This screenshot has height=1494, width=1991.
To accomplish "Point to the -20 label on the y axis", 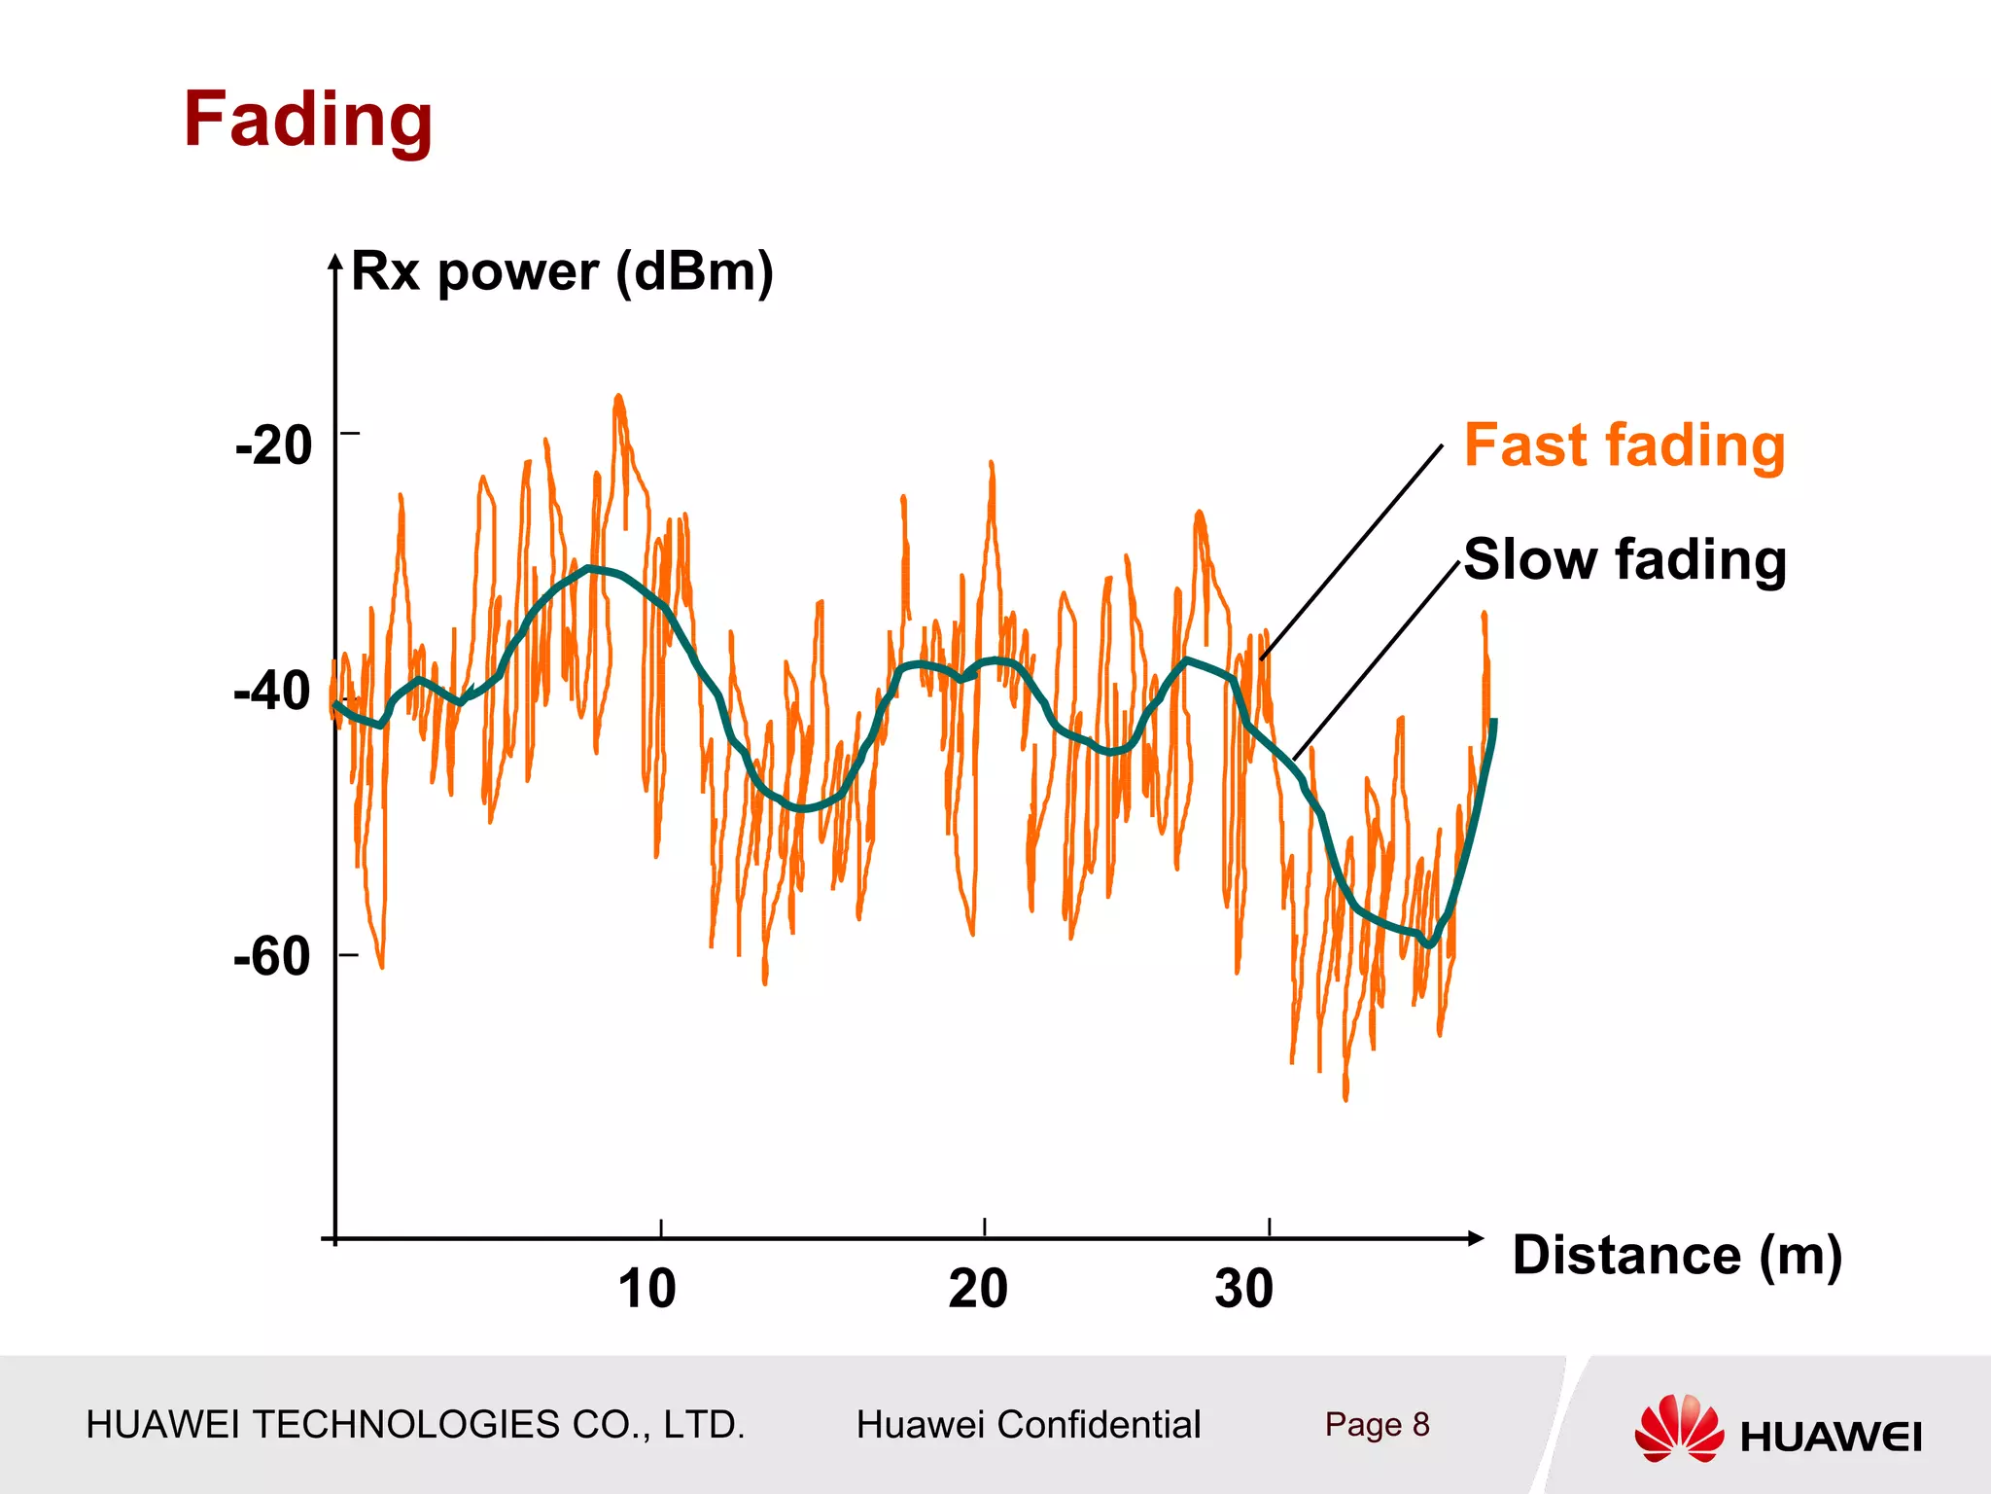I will click(x=274, y=445).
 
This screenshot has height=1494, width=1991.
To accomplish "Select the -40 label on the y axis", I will click(x=273, y=692).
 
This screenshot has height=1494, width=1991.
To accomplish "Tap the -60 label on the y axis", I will click(x=273, y=957).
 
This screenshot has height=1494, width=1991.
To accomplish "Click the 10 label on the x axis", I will click(x=647, y=1289).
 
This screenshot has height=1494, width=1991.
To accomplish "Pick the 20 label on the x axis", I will click(x=978, y=1289).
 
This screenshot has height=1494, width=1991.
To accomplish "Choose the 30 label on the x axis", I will click(x=1243, y=1289).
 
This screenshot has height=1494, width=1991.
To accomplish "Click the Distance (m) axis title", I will click(x=1677, y=1255).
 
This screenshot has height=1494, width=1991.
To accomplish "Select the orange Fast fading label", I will click(x=1624, y=445).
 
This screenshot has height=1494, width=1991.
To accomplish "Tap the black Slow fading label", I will click(x=1624, y=559).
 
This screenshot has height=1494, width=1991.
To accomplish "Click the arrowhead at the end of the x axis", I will click(x=1476, y=1238).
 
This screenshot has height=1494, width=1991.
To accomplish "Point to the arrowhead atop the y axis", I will click(x=335, y=262).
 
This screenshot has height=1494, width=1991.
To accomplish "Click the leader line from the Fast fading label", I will click(x=1351, y=552).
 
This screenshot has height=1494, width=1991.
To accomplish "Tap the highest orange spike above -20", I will click(x=618, y=398).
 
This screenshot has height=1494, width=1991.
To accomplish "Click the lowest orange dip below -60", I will click(x=1345, y=1096).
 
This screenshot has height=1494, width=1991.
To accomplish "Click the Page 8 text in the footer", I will click(x=1377, y=1425).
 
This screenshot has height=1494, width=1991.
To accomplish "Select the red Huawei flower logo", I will click(x=1679, y=1428).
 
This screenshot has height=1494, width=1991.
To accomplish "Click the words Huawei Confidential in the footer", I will click(x=1029, y=1425).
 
